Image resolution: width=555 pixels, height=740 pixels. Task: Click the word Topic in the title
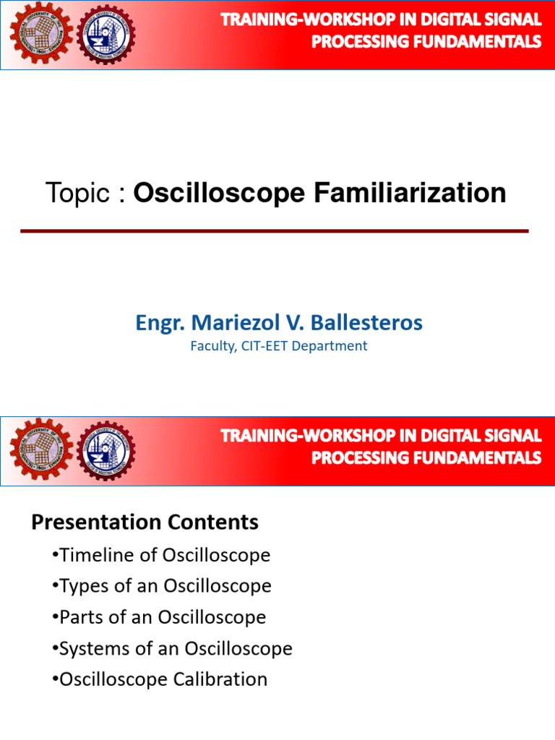point(77,194)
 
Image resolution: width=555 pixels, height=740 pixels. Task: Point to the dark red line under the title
point(275,231)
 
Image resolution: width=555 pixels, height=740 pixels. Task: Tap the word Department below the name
point(335,346)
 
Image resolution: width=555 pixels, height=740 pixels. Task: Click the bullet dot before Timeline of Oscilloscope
point(56,555)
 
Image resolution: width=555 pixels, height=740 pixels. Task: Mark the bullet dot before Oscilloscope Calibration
point(56,679)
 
